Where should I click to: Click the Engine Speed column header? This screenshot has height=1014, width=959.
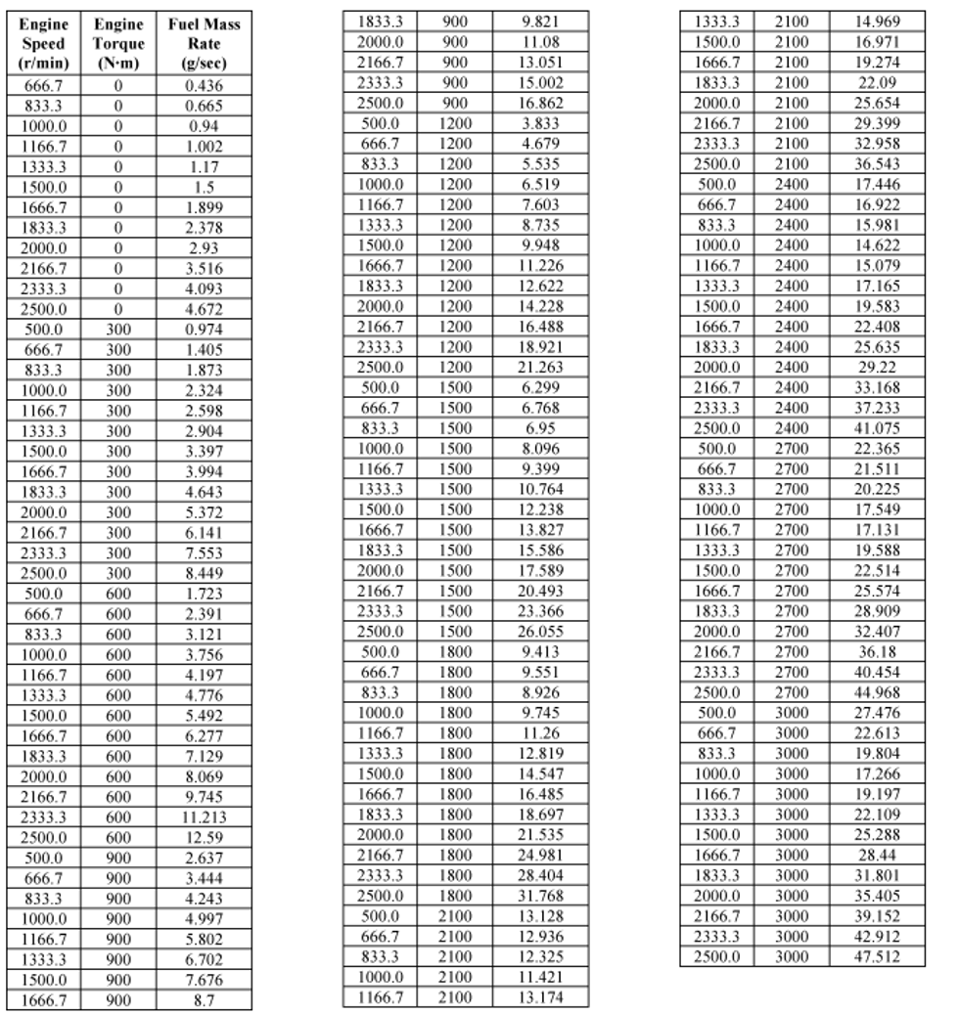tap(43, 44)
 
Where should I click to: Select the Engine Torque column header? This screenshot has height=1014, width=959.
tap(118, 44)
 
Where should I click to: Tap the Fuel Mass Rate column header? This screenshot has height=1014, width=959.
tap(204, 44)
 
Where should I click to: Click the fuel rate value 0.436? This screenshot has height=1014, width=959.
tap(204, 85)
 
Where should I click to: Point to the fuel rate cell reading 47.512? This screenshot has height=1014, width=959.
tap(878, 955)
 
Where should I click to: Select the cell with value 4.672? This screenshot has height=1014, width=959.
tap(204, 309)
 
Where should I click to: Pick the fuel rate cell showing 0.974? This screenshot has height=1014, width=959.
tap(204, 330)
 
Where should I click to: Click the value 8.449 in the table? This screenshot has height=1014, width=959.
tap(204, 573)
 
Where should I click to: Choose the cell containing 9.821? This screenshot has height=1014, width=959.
tap(540, 22)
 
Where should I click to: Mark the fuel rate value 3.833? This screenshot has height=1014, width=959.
tap(540, 123)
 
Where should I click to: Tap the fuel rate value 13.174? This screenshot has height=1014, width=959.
tap(540, 997)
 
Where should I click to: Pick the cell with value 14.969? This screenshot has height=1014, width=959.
tap(878, 22)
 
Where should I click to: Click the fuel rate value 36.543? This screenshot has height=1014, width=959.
tap(878, 163)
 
